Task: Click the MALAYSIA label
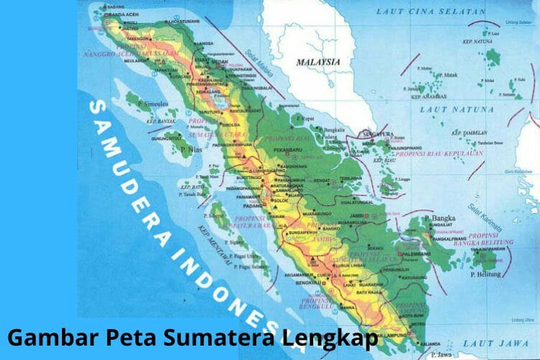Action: point(318,62)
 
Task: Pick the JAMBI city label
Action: point(351,213)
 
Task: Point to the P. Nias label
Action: point(191,150)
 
